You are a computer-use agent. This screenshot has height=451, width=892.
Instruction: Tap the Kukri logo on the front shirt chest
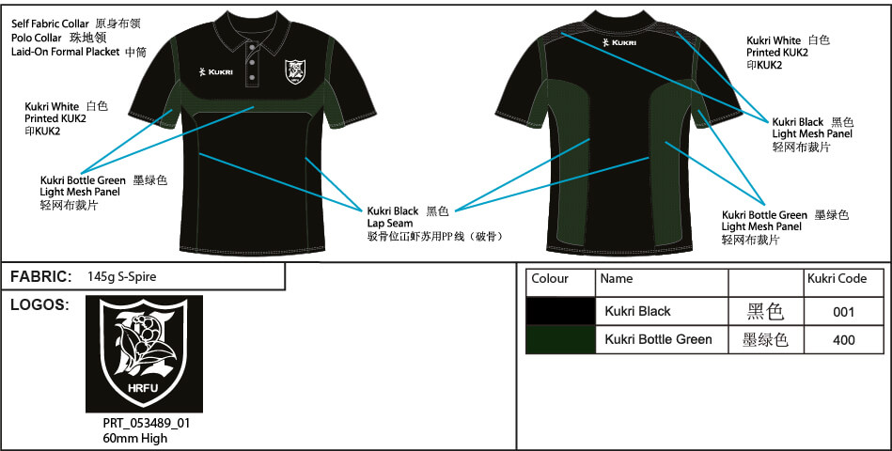pos(218,70)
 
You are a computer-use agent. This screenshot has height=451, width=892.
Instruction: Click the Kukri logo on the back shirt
pos(620,42)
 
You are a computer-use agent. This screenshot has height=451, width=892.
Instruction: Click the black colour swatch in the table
pos(560,311)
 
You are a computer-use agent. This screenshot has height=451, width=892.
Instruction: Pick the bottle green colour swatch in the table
pos(560,339)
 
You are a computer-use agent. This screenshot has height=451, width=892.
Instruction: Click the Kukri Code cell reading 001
pos(843,312)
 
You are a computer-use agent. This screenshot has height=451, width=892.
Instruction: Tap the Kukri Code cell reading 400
pos(843,340)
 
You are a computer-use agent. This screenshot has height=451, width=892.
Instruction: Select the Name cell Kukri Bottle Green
pos(658,339)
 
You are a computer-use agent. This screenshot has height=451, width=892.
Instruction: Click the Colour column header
pos(551,279)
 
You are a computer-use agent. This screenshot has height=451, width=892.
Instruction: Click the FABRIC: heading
pos(41,277)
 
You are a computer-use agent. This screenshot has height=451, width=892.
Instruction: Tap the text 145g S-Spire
pos(121,277)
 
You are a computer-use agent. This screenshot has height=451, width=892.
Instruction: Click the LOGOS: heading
pos(39,305)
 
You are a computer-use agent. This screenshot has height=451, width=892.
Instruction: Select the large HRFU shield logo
pos(144,353)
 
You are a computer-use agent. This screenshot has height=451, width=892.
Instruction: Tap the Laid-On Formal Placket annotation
pos(66,52)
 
